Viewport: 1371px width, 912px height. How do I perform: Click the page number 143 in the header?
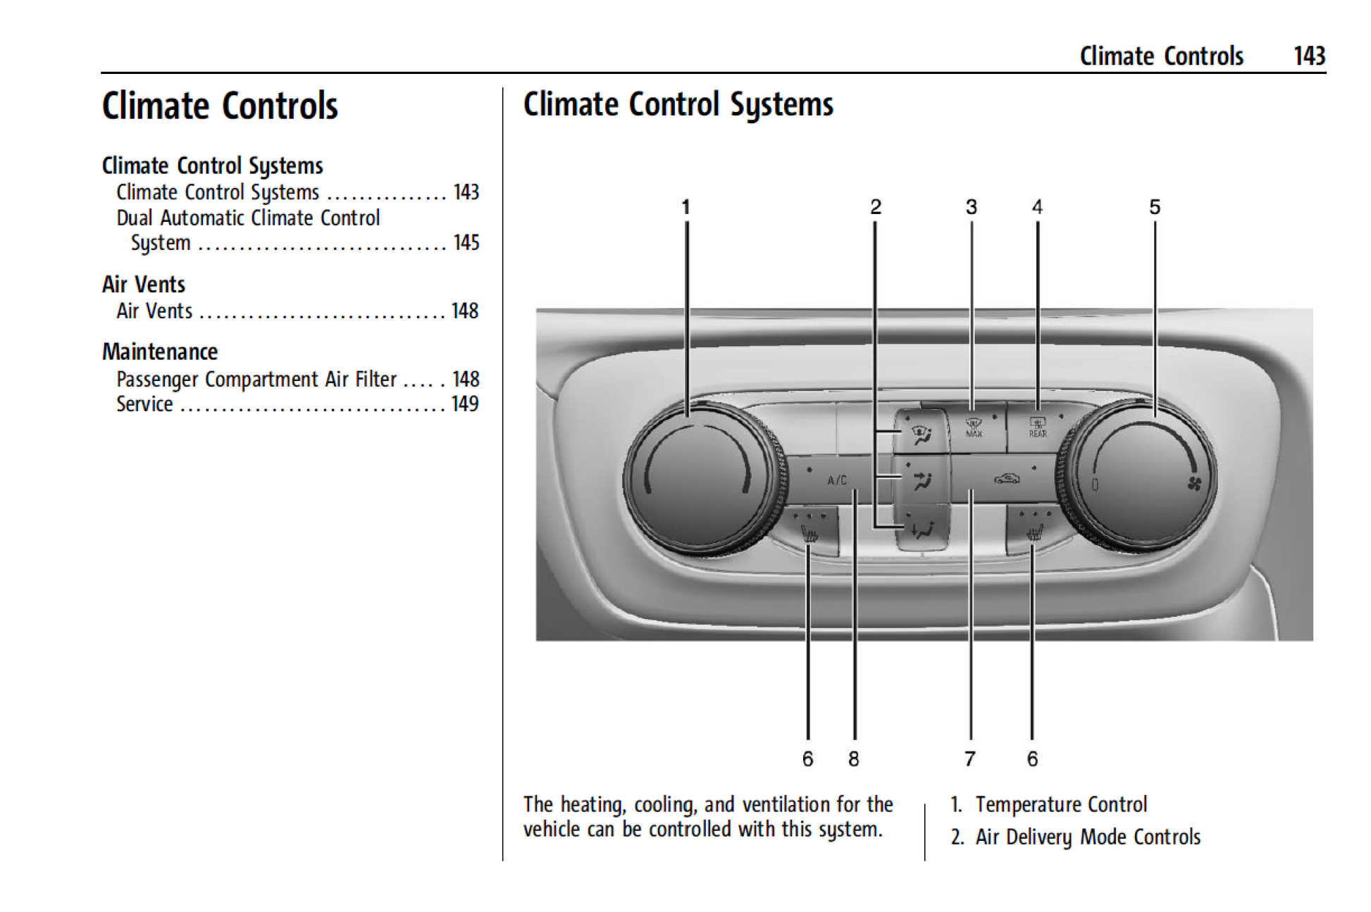coord(1309,56)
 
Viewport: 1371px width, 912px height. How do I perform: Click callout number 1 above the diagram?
coord(685,207)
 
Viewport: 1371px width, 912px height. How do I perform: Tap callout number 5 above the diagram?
coord(1155,207)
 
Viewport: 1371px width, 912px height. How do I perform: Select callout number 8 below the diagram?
coord(854,759)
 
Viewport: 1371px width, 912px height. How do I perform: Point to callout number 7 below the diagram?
coord(970,759)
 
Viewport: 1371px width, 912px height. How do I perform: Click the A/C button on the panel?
coord(837,480)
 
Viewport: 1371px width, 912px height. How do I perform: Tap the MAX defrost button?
coord(974,427)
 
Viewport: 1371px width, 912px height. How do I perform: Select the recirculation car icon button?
coord(1007,480)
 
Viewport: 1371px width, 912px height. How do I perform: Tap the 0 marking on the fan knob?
coord(1096,485)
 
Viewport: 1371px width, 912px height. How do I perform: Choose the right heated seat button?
coord(1034,532)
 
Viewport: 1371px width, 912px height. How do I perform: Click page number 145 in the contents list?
coord(466,243)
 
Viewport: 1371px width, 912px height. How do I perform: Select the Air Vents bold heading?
coord(144,285)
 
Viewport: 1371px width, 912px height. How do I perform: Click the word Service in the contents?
coord(144,404)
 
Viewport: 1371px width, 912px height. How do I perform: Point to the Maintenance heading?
coord(160,352)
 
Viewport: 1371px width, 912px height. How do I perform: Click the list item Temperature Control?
coord(1060,804)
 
